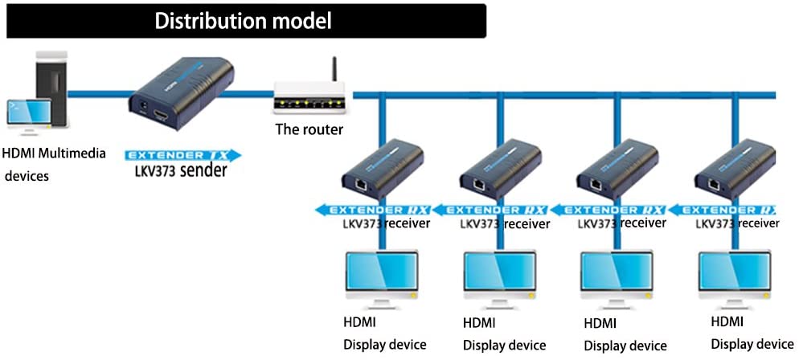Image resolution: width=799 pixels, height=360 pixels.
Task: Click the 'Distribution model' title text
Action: point(243,21)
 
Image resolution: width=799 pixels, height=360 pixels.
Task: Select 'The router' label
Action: point(309,129)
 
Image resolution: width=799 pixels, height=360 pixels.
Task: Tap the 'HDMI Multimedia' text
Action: point(54,153)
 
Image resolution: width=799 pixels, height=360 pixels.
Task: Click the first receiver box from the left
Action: point(382,171)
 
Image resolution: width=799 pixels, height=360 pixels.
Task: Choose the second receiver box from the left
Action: point(499,171)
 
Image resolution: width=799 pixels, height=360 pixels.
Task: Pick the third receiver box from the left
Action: point(617,171)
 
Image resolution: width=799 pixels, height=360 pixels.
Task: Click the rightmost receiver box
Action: point(734,171)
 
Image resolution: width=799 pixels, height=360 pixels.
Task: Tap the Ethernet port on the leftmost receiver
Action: point(363,185)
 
